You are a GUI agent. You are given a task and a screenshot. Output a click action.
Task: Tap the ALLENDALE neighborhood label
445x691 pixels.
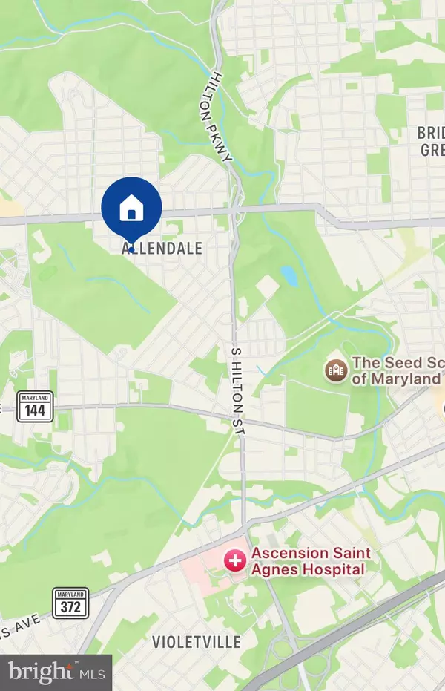(162, 249)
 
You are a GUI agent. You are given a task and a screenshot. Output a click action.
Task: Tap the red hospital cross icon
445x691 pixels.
(236, 561)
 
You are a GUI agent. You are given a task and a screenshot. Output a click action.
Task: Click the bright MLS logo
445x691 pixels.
(56, 672)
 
